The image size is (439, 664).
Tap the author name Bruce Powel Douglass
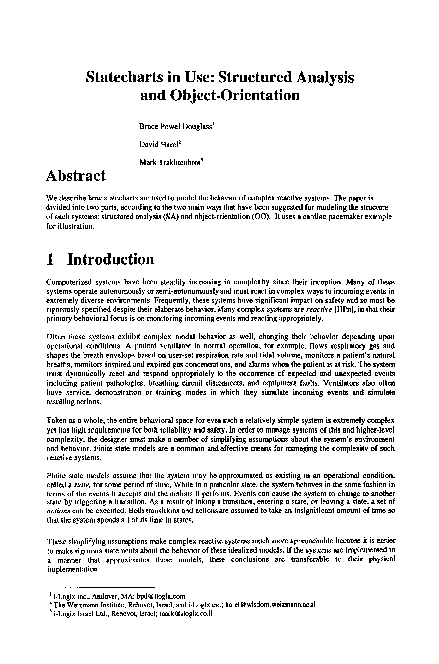pyautogui.click(x=176, y=128)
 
